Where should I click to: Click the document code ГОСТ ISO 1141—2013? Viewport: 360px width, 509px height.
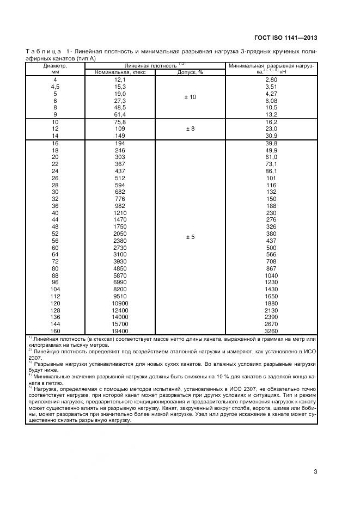coord(285,38)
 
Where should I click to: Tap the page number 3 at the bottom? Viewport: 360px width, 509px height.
coord(315,471)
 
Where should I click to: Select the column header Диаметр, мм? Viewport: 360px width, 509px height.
coord(54,69)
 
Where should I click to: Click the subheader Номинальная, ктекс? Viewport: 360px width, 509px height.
coord(120,72)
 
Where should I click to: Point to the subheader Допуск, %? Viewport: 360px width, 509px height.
coord(190,72)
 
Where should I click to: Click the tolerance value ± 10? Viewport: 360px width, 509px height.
coord(190,97)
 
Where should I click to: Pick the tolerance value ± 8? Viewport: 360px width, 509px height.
coord(190,129)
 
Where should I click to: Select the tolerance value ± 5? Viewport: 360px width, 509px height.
coord(190,237)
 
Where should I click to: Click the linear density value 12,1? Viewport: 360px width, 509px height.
coord(120,79)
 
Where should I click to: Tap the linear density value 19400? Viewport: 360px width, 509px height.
coord(120,330)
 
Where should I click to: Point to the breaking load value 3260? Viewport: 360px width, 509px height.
coord(271,330)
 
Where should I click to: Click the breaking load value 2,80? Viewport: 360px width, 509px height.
coord(271,79)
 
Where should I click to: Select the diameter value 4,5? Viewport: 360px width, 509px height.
coord(55,87)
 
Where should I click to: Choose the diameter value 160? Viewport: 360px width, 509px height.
coord(55,330)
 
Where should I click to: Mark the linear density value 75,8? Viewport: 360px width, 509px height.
coord(120,122)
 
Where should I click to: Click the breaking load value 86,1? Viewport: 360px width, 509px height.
coord(271,171)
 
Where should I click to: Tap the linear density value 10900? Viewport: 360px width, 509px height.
coord(120,303)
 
